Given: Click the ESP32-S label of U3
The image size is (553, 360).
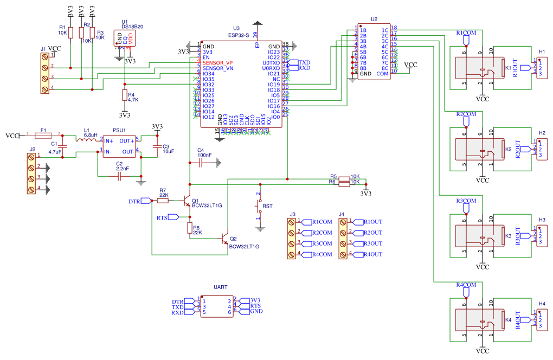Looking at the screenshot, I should point(239,35).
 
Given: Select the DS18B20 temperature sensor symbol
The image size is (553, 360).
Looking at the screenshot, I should point(125,38).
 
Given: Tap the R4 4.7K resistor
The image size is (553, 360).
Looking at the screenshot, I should point(124,96).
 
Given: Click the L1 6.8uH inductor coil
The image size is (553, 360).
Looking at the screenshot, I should point(86,140).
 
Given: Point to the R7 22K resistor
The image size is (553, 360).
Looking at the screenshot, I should point(163,201).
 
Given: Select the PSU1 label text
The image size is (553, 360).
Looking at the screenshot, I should point(119,131).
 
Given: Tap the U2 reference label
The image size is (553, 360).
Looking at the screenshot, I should point(374,19).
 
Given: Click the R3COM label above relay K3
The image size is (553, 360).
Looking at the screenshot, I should point(466,201).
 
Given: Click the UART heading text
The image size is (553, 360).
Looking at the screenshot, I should point(220,286).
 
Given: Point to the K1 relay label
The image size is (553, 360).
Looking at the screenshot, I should point(508,68).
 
